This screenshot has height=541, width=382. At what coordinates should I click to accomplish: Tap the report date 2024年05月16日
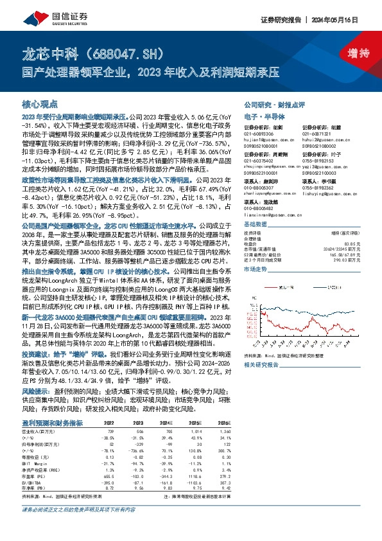click(347, 19)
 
